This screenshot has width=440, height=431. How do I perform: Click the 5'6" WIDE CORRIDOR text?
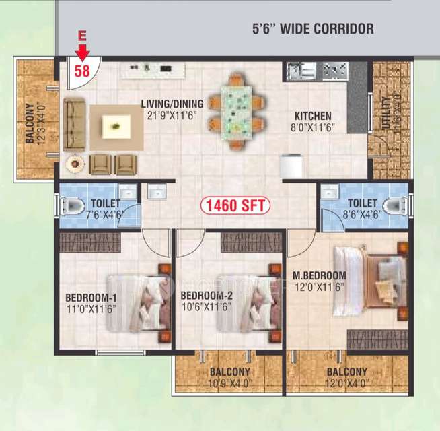coord(312,29)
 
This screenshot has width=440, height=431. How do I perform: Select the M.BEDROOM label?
coord(320,281)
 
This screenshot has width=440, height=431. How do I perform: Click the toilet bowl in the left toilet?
coord(70,204)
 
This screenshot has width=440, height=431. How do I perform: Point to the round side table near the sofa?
coord(74,162)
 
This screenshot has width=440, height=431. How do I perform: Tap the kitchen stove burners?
coord(331,69)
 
